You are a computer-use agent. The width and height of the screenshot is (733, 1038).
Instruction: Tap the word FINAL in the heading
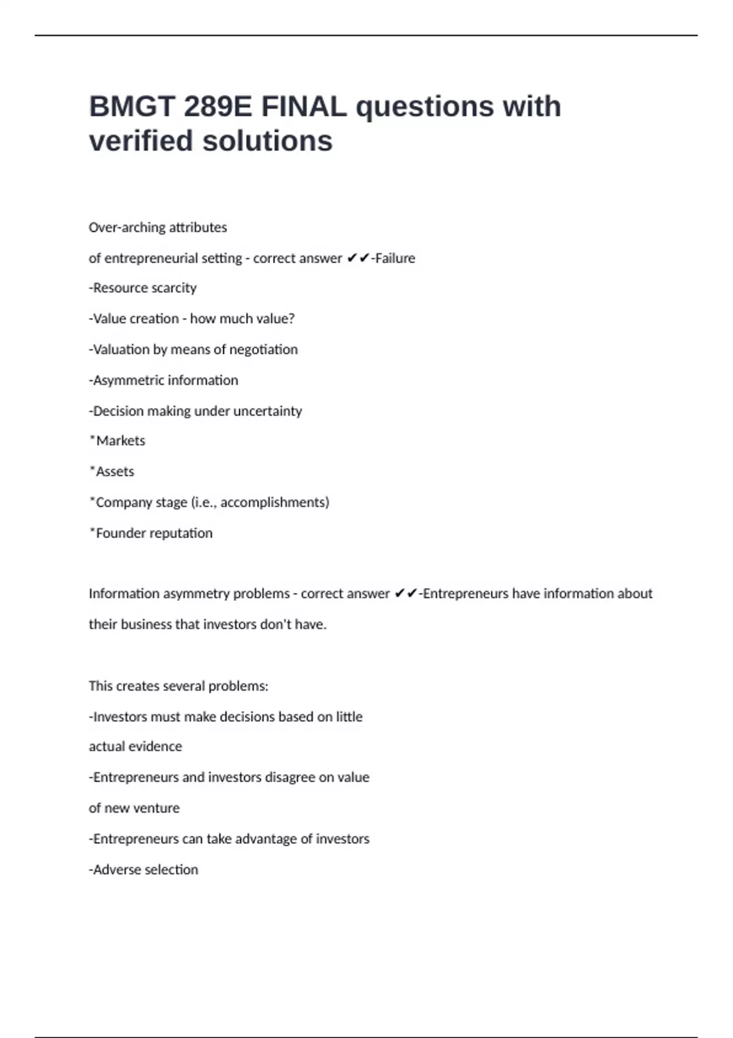(x=304, y=107)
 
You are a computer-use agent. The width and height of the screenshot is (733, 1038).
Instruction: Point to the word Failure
(x=395, y=258)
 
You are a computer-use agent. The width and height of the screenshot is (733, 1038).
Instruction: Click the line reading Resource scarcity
(x=143, y=288)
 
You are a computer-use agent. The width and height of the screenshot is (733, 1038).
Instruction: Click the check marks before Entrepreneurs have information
(x=406, y=593)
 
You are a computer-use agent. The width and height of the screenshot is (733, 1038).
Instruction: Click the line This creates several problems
(x=178, y=686)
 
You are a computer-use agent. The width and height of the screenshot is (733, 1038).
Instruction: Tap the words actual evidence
(x=136, y=747)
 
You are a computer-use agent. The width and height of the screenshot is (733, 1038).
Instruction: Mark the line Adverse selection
(x=144, y=870)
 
